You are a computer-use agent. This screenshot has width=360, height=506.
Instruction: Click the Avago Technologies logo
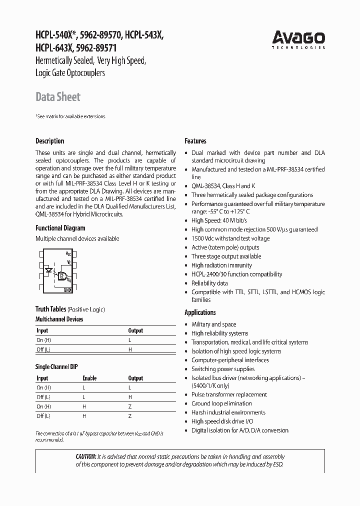298,39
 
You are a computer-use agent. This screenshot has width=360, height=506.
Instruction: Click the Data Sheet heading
57,97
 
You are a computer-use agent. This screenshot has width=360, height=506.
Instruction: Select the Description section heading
49,141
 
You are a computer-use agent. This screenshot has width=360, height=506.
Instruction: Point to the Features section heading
195,141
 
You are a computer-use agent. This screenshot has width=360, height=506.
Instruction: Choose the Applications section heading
200,312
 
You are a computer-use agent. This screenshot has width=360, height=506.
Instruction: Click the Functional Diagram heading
60,228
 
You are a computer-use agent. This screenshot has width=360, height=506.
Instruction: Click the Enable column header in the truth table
89,378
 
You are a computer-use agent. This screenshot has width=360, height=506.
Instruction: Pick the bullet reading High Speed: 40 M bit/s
219,220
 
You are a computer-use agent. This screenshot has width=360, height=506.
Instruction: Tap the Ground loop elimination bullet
221,403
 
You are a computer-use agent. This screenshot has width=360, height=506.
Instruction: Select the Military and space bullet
213,324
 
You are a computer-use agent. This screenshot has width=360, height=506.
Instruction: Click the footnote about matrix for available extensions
70,116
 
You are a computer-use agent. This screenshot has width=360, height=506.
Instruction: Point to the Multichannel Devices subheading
59,319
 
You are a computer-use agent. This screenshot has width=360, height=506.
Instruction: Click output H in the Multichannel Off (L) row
130,349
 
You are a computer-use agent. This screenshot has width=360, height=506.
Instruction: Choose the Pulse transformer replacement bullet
229,394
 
